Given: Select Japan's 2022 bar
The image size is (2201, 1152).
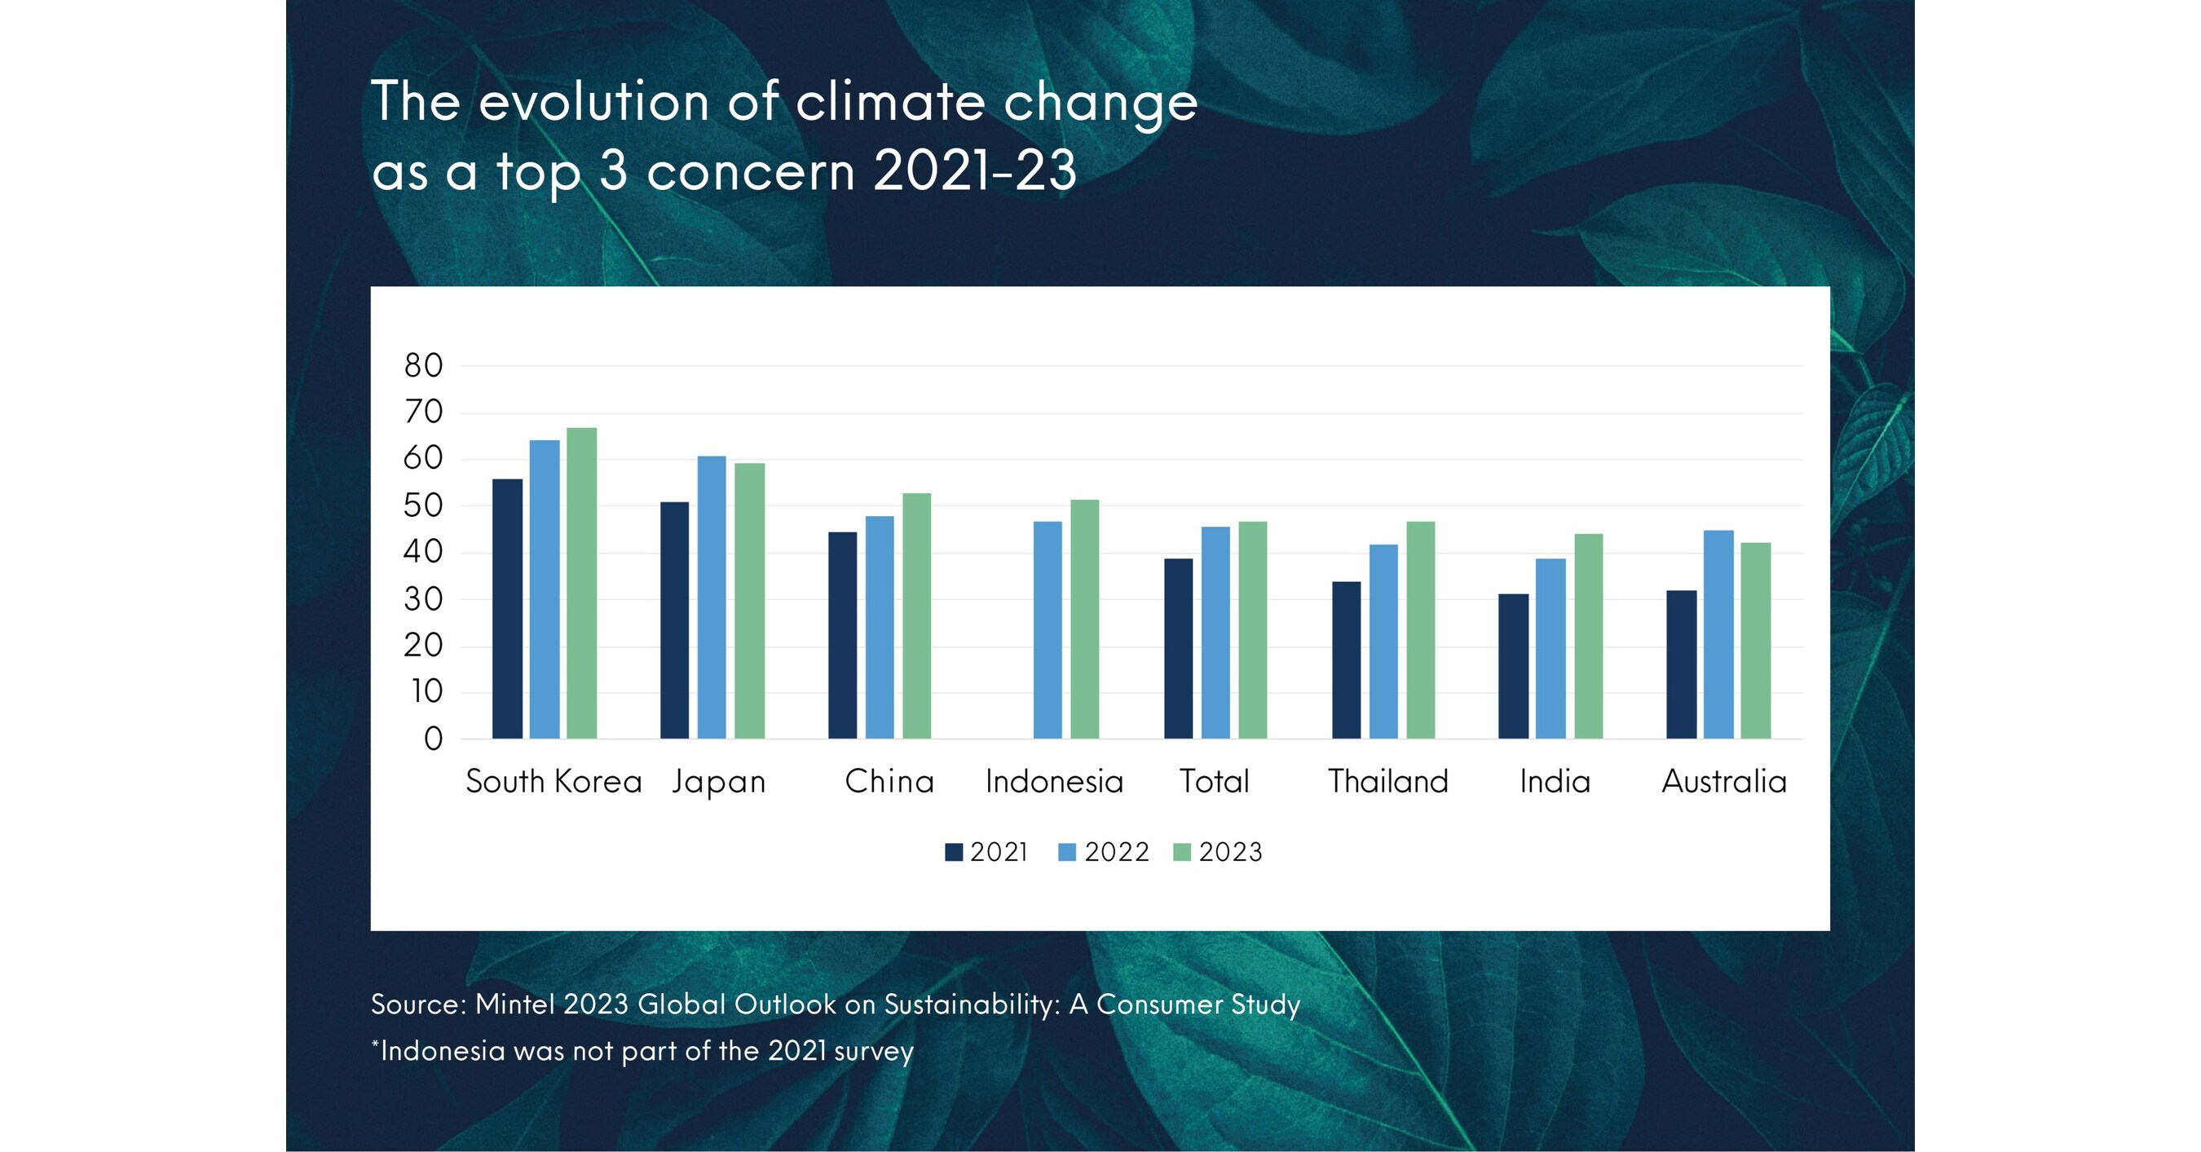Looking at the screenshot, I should pyautogui.click(x=712, y=598).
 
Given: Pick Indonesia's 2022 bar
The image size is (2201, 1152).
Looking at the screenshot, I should pyautogui.click(x=1048, y=630).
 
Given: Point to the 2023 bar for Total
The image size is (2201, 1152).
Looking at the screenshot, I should pyautogui.click(x=1253, y=630).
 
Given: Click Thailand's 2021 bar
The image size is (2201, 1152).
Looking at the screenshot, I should pyautogui.click(x=1347, y=660).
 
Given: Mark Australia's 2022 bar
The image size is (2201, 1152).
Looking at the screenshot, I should pyautogui.click(x=1718, y=634).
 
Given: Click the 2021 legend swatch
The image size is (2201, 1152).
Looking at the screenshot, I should pyautogui.click(x=954, y=852).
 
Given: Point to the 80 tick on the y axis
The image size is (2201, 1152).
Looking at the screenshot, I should pyautogui.click(x=424, y=366).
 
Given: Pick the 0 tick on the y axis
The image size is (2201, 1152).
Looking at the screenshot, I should pyautogui.click(x=433, y=739).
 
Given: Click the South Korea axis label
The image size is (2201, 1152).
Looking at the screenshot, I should pyautogui.click(x=554, y=781).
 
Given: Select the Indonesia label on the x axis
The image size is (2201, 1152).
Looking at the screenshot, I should pyautogui.click(x=1053, y=781).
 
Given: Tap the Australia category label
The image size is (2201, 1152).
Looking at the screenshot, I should pyautogui.click(x=1724, y=781).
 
